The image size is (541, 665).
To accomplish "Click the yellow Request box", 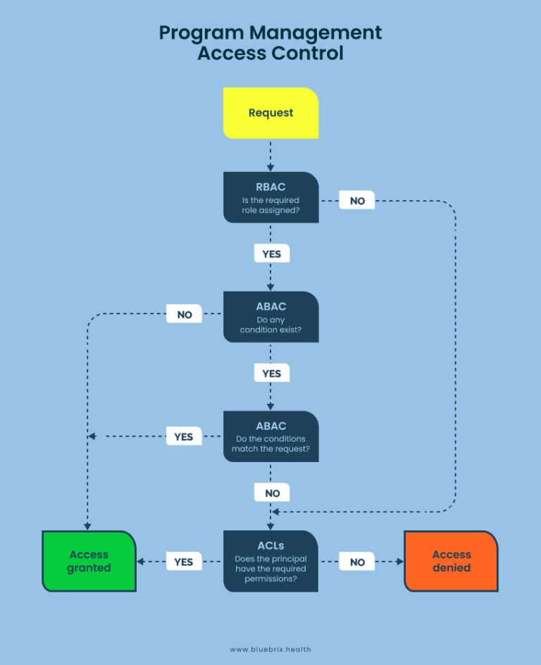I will pyautogui.click(x=270, y=113).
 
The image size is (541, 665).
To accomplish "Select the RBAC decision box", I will pyautogui.click(x=270, y=197).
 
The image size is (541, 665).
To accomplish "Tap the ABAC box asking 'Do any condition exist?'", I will pyautogui.click(x=270, y=317).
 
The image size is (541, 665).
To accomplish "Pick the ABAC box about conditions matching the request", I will pyautogui.click(x=270, y=437).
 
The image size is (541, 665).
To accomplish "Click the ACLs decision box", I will pyautogui.click(x=270, y=561).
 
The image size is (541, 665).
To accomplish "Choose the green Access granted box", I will pyautogui.click(x=89, y=561).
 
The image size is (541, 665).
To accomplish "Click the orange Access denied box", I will pyautogui.click(x=451, y=561).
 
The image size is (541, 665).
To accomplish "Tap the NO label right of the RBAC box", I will pyautogui.click(x=357, y=201).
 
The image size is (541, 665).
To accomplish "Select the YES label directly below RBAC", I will pyautogui.click(x=271, y=254).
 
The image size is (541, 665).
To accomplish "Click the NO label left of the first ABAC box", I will pyautogui.click(x=184, y=314).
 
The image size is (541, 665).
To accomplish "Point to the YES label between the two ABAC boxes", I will pyautogui.click(x=271, y=373).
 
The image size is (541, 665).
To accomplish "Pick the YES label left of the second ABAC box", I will pyautogui.click(x=183, y=437).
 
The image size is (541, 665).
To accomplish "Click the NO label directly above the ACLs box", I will pyautogui.click(x=272, y=493).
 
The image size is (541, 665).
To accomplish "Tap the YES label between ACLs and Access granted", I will pyautogui.click(x=183, y=562).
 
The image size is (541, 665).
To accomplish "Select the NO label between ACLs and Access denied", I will pyautogui.click(x=357, y=562).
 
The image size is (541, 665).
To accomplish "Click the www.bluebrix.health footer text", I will pyautogui.click(x=270, y=650).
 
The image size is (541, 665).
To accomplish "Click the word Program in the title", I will pyautogui.click(x=201, y=32).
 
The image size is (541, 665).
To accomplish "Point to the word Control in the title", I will pyautogui.click(x=308, y=54).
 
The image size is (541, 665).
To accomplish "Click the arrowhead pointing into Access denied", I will pyautogui.click(x=400, y=562).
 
